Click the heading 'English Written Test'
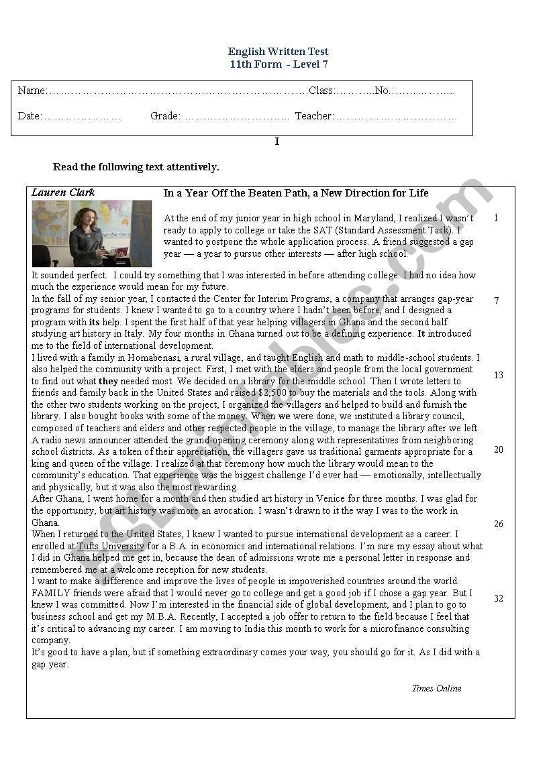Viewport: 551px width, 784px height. click(278, 52)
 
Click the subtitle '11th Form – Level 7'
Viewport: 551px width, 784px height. click(278, 64)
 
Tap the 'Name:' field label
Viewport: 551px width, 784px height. click(32, 91)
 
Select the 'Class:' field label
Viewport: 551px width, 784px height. click(321, 91)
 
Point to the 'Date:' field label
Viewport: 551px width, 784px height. click(30, 116)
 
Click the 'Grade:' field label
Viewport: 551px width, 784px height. click(165, 116)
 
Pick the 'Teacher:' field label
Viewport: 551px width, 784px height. click(314, 116)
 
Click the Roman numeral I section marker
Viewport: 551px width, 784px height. click(277, 142)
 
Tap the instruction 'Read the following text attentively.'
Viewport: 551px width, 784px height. click(136, 167)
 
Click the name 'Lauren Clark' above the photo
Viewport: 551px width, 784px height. click(63, 192)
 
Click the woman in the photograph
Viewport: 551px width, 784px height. click(89, 235)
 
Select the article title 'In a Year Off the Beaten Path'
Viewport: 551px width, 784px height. click(296, 193)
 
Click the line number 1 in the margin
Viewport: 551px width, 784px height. click(496, 218)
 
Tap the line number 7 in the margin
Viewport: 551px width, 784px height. click(497, 301)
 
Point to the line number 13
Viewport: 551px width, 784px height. click(498, 376)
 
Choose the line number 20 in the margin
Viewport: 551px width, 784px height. click(498, 450)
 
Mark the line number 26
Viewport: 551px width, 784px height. click(498, 524)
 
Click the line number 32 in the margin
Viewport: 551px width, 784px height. click(498, 599)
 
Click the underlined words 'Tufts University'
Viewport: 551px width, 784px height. click(111, 547)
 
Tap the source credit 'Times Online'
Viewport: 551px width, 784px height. click(436, 688)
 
